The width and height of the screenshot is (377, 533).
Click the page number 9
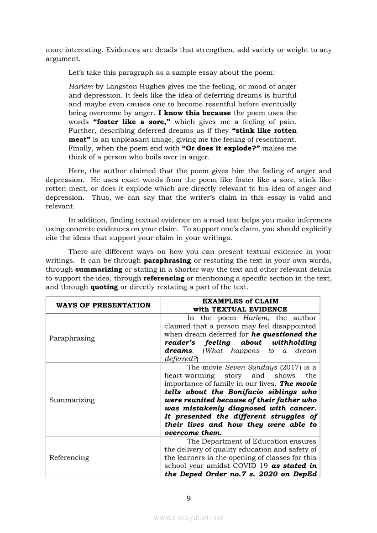click(188, 498)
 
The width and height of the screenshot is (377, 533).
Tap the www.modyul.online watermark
click(188, 517)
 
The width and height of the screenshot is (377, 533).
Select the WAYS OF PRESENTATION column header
click(103, 305)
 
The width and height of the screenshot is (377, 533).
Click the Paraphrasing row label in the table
click(72, 338)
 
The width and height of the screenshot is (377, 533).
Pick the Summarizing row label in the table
click(72, 400)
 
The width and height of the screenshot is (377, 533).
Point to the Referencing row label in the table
click(69, 458)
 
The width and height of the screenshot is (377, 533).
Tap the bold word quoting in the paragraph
click(104, 287)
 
